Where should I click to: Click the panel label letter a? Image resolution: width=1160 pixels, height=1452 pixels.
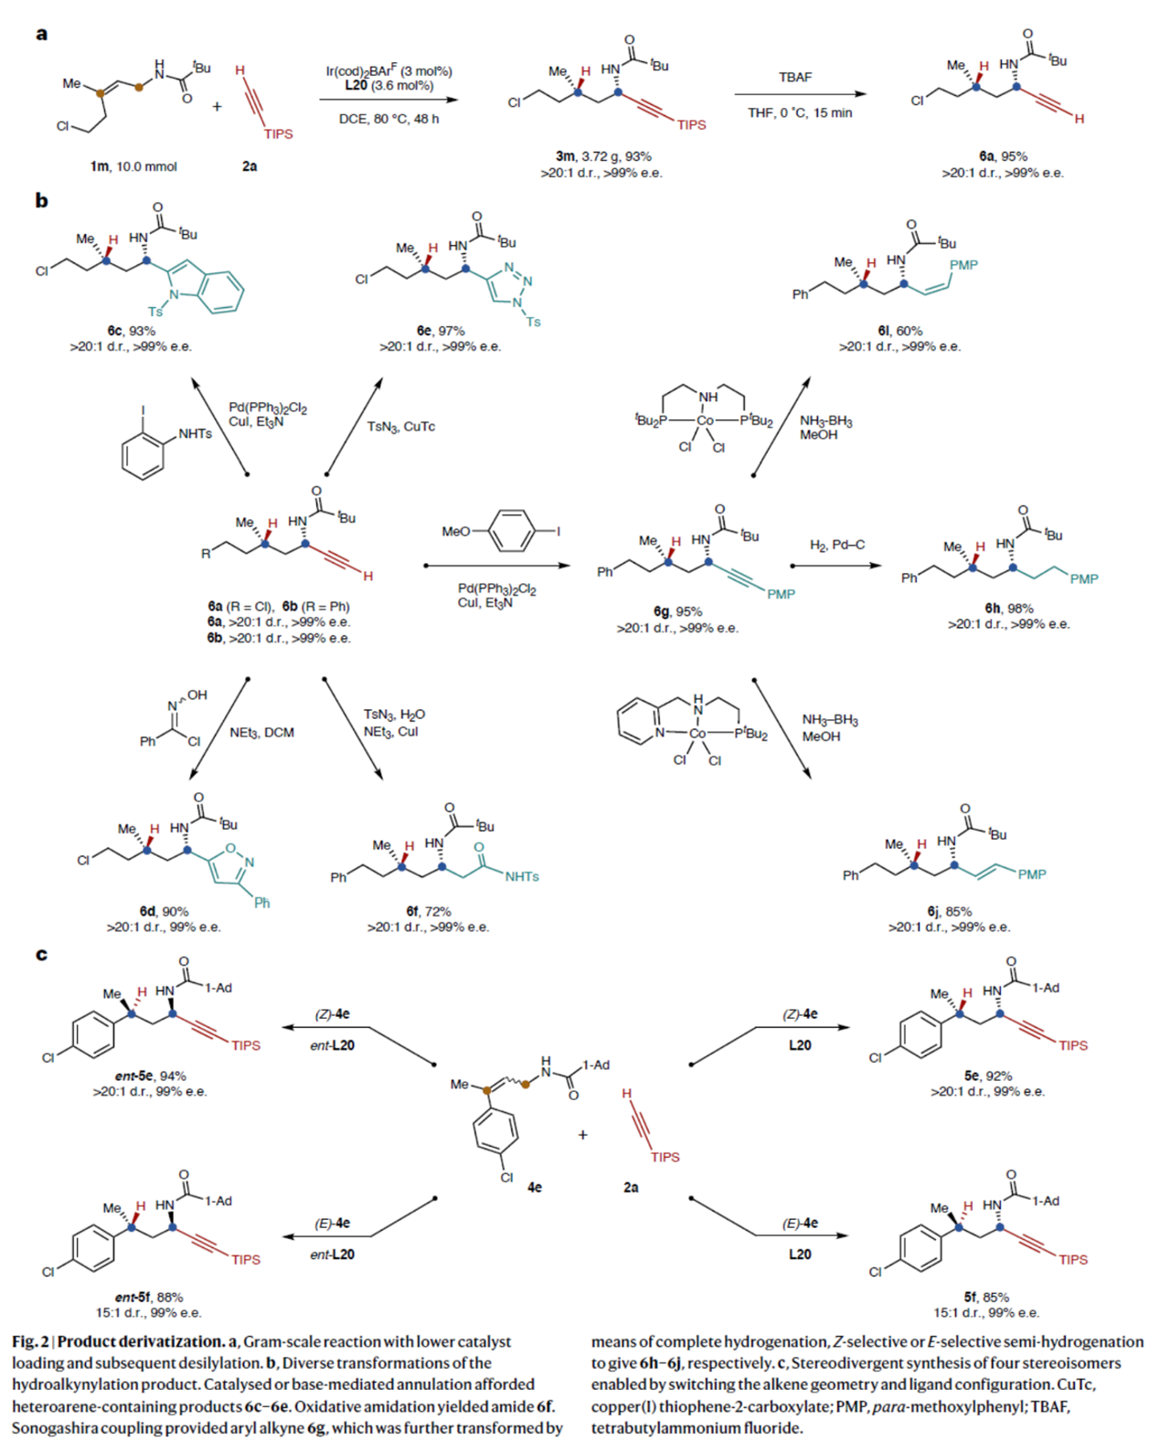(41, 35)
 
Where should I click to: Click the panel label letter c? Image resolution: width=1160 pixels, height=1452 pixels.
(41, 955)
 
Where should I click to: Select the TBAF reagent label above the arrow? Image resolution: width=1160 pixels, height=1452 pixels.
(794, 77)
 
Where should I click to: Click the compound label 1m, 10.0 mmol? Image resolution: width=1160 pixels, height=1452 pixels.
(133, 166)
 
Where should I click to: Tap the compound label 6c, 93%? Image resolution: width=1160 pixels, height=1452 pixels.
(131, 331)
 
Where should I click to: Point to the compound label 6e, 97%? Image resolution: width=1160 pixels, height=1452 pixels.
(440, 331)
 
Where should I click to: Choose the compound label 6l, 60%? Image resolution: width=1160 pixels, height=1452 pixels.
(899, 331)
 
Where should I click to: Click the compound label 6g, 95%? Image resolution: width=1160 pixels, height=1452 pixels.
(677, 611)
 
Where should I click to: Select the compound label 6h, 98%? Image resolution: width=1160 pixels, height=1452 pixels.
(1008, 608)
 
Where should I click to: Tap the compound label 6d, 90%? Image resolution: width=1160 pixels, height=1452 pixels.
(164, 911)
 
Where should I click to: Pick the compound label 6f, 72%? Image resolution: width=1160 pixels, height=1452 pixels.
(428, 911)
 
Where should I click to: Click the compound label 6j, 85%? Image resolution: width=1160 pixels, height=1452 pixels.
(949, 911)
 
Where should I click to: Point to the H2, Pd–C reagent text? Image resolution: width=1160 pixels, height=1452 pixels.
(836, 546)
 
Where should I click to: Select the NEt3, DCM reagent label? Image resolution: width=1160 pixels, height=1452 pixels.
(261, 733)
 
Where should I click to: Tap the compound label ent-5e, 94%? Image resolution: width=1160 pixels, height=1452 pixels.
(149, 1076)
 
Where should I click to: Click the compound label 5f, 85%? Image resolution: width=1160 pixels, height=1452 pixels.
(985, 1297)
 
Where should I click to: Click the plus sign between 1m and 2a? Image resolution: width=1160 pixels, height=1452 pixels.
(217, 107)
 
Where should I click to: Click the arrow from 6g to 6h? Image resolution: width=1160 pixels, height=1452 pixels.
(835, 566)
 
